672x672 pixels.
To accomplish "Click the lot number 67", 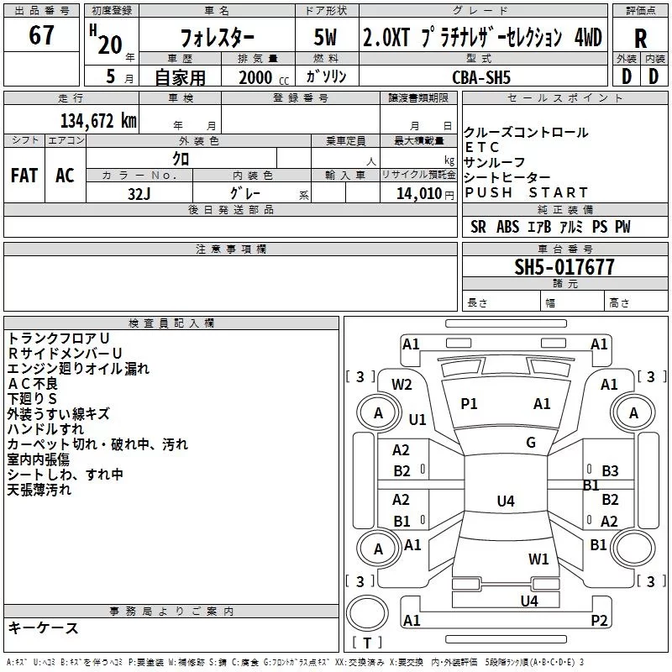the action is pyautogui.click(x=42, y=36).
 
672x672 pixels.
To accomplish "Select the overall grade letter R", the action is pyautogui.click(x=640, y=38).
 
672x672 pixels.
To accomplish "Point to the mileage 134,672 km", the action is pyautogui.click(x=98, y=120).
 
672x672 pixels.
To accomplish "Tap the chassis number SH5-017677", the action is pyautogui.click(x=564, y=267).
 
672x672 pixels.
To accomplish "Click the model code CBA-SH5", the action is pyautogui.click(x=480, y=76).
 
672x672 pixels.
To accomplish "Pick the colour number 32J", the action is pyautogui.click(x=140, y=192).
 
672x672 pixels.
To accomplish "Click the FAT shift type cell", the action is pyautogui.click(x=24, y=176).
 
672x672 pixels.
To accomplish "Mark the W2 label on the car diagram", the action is pyautogui.click(x=402, y=385).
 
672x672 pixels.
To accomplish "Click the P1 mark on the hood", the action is pyautogui.click(x=469, y=404).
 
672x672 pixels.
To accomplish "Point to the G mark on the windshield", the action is pyautogui.click(x=531, y=443).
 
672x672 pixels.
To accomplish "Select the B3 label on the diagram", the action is pyautogui.click(x=610, y=471).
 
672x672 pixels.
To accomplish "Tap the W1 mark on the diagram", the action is pyautogui.click(x=538, y=559).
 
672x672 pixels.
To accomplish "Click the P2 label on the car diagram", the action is pyautogui.click(x=599, y=621).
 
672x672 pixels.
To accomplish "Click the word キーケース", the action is pyautogui.click(x=44, y=627).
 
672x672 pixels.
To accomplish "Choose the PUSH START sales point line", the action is pyautogui.click(x=527, y=192).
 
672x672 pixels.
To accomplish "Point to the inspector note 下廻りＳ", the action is pyautogui.click(x=33, y=398).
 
